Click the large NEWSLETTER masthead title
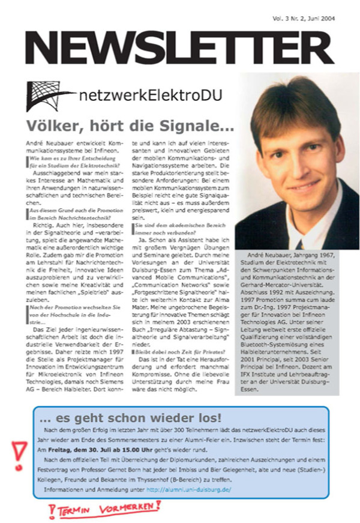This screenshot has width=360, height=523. coord(179,47)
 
